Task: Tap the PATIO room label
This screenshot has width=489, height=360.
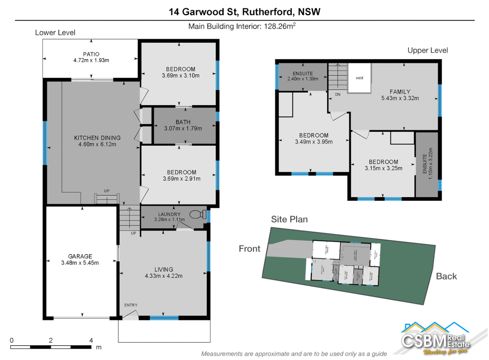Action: pyautogui.click(x=91, y=54)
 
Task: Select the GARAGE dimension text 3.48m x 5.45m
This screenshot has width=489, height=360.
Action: pyautogui.click(x=80, y=263)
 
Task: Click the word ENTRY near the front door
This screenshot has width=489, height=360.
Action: pyautogui.click(x=131, y=305)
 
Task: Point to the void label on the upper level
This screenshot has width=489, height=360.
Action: pyautogui.click(x=359, y=78)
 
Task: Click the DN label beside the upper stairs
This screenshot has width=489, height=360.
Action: pyautogui.click(x=338, y=95)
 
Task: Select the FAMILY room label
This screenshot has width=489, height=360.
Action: pyautogui.click(x=400, y=92)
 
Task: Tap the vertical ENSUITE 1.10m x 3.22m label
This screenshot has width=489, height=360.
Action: pyautogui.click(x=427, y=164)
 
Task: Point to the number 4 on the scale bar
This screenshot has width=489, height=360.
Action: pyautogui.click(x=91, y=340)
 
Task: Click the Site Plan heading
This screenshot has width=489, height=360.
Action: pyautogui.click(x=289, y=219)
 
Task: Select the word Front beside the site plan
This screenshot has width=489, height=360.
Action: pyautogui.click(x=249, y=249)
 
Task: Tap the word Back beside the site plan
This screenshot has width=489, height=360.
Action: pyautogui.click(x=446, y=276)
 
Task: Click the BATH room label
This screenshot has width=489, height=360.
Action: pyautogui.click(x=183, y=122)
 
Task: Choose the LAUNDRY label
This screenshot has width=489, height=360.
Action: pyautogui.click(x=169, y=214)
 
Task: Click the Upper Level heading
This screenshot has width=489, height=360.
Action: pyautogui.click(x=427, y=50)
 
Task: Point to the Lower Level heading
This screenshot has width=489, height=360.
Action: pyautogui.click(x=55, y=33)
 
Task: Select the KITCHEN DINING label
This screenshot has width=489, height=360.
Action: pyautogui.click(x=97, y=138)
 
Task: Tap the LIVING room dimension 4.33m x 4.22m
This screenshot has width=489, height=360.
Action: pyautogui.click(x=164, y=276)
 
